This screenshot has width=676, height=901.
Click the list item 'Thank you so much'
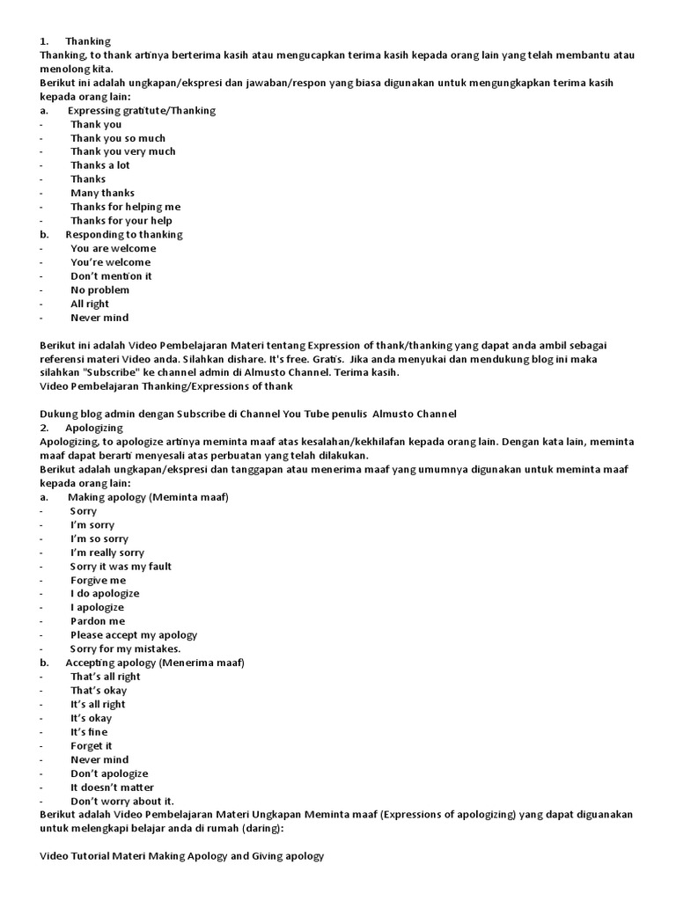117,138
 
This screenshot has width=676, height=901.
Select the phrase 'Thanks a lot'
99,165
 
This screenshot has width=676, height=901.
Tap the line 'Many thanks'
102,193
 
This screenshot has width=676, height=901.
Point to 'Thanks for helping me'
125,207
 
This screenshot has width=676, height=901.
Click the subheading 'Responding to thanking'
123,235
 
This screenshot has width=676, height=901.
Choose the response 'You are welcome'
113,248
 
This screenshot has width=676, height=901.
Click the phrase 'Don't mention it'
111,276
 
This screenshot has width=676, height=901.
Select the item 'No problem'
99,289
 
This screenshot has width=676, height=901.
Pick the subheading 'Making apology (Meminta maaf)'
147,497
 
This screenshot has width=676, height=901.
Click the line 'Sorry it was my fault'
121,567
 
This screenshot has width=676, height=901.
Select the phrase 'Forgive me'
98,580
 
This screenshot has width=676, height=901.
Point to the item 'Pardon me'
98,621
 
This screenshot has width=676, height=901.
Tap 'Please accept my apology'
134,634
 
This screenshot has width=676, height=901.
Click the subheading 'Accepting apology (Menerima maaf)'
154,663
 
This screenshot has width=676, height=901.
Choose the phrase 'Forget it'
92,745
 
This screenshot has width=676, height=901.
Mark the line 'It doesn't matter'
112,787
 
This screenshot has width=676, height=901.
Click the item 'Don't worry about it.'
122,801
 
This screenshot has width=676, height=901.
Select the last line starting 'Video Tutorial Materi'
183,855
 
